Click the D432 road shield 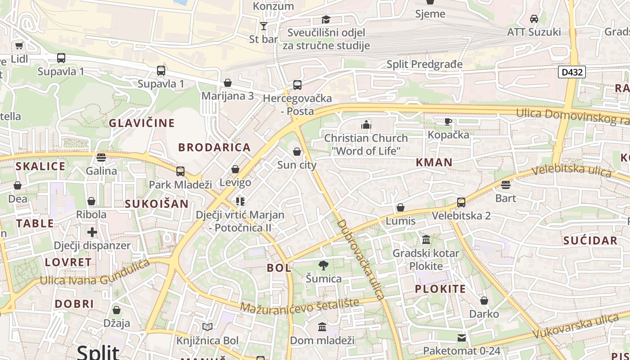(571, 72)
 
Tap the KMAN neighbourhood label (434, 162)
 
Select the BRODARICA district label (214, 147)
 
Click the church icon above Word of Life (366, 125)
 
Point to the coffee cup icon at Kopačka (448, 121)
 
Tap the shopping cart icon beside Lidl (19, 45)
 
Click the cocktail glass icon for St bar (264, 26)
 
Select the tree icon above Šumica (323, 265)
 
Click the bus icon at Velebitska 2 (461, 202)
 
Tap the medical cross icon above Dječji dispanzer (92, 232)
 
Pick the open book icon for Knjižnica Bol (207, 327)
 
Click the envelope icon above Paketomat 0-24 (462, 337)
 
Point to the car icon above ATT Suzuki (534, 19)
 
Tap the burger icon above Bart (506, 185)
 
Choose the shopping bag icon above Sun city (297, 152)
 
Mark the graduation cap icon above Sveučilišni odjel (326, 19)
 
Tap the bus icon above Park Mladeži (180, 171)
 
